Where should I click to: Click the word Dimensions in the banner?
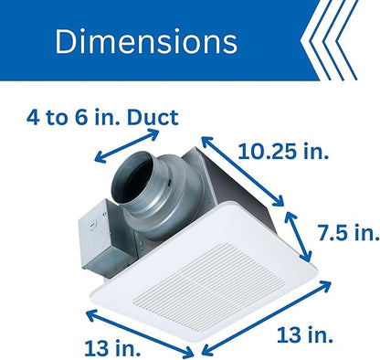(x=146, y=41)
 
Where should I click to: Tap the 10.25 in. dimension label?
(x=283, y=152)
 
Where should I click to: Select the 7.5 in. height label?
(x=349, y=233)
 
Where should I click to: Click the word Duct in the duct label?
(x=153, y=118)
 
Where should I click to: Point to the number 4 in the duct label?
(x=33, y=118)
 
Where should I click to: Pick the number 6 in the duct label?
(x=81, y=118)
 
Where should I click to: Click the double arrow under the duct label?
(x=127, y=146)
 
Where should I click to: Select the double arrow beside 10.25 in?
(x=243, y=171)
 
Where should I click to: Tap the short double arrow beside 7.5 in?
(x=298, y=237)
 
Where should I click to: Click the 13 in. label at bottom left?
(x=112, y=348)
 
